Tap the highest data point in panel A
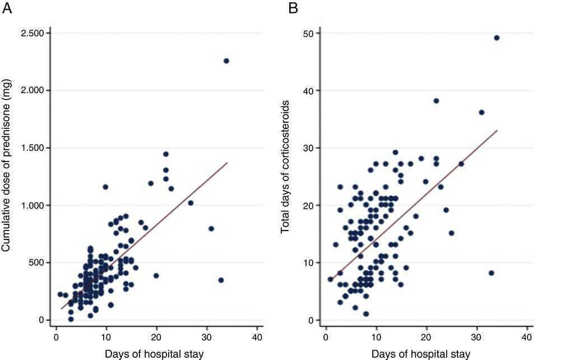226,61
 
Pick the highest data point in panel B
497,38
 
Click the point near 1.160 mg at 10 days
105,187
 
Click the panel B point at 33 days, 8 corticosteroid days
492,273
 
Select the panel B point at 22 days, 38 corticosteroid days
436,101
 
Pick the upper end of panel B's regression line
497,130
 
